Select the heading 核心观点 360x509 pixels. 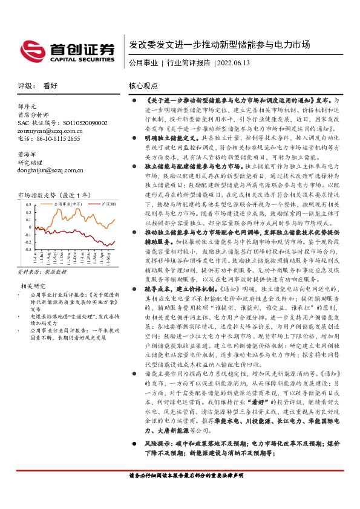coord(144,86)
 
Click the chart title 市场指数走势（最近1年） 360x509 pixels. coord(54,195)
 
